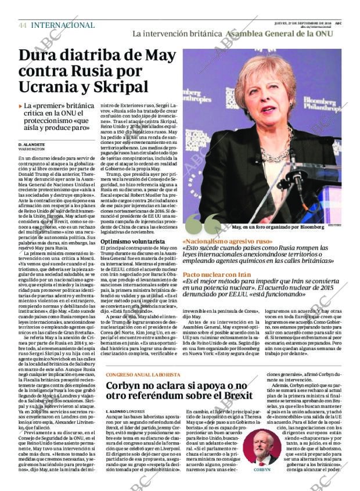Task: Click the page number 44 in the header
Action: tap(23, 26)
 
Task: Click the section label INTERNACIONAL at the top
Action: tap(62, 26)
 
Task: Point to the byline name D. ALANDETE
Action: tap(31, 144)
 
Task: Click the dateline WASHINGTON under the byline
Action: tap(32, 149)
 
